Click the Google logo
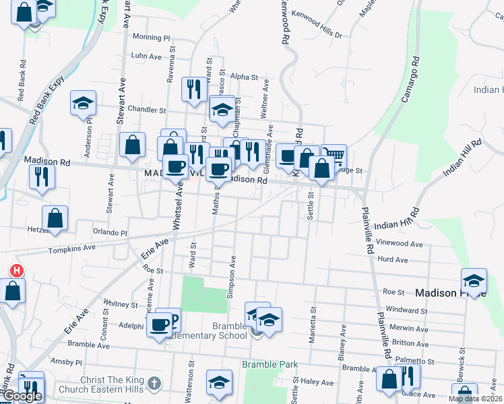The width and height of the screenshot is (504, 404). coord(22,396)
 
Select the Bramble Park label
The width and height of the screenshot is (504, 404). coord(270,365)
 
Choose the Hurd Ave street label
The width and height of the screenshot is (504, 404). coord(393,259)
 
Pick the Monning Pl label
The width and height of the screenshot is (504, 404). coord(152,38)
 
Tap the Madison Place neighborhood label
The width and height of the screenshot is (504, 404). coord(449,293)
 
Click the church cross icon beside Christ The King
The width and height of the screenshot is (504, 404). coord(154,384)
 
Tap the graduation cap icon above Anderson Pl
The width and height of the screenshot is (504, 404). coord(84,103)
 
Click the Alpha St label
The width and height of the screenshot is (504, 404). coord(239,77)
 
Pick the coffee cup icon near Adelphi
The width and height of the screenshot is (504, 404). coord(160,325)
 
